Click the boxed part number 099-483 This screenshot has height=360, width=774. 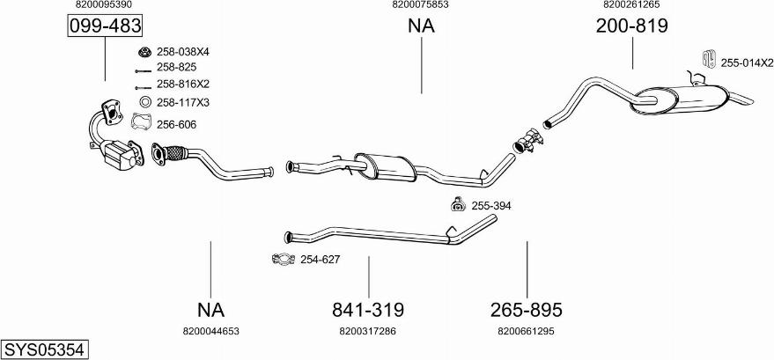pyautogui.click(x=105, y=26)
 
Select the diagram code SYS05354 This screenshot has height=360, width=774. pyautogui.click(x=44, y=349)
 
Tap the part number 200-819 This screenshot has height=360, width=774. pyautogui.click(x=631, y=26)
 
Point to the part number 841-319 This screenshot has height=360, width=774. pyautogui.click(x=367, y=310)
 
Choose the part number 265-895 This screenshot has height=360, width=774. pyautogui.click(x=526, y=310)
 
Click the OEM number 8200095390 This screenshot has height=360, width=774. pyautogui.click(x=104, y=5)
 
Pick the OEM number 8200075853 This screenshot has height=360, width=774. pyautogui.click(x=420, y=5)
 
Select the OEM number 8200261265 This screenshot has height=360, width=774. pyautogui.click(x=631, y=5)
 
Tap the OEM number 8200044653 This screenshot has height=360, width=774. pyautogui.click(x=210, y=331)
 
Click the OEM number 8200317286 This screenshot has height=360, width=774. pyautogui.click(x=367, y=331)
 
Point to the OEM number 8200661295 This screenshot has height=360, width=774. pyautogui.click(x=526, y=331)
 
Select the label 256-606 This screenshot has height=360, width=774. pyautogui.click(x=176, y=124)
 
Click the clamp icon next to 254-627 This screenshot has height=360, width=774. pyautogui.click(x=283, y=260)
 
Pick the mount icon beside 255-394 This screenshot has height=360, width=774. pyautogui.click(x=457, y=205)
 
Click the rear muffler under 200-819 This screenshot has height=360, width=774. pyautogui.click(x=677, y=99)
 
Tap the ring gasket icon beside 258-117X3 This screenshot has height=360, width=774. pyautogui.click(x=145, y=102)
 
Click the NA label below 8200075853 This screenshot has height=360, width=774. pyautogui.click(x=421, y=26)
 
